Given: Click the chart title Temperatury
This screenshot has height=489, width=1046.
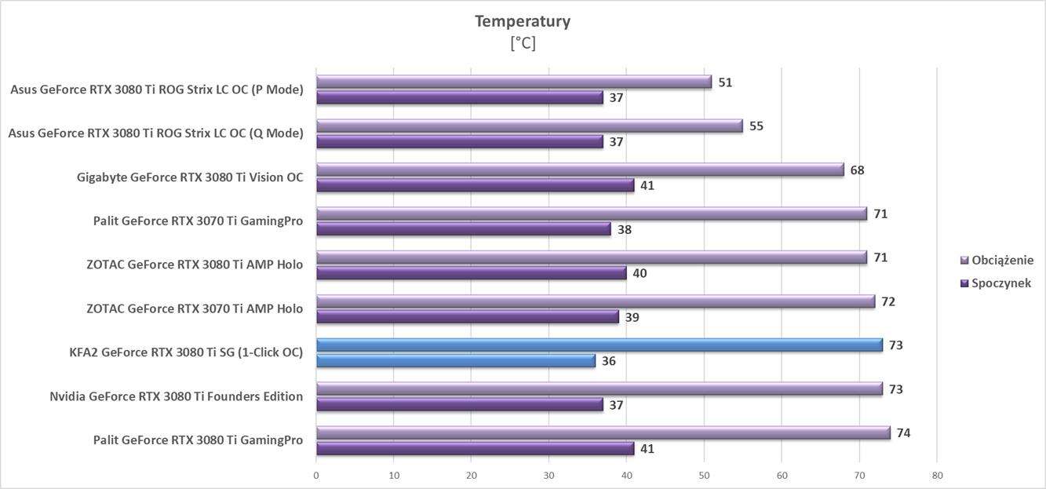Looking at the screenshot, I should click(x=522, y=21).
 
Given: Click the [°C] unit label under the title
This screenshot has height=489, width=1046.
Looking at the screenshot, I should click(x=523, y=44).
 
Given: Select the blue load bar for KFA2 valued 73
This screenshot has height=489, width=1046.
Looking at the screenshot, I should click(x=599, y=345).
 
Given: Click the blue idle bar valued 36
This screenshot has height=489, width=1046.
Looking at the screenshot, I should click(x=455, y=360).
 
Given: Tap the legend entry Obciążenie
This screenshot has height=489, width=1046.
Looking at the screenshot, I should click(x=1002, y=260).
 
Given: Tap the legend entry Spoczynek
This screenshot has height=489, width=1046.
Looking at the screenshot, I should click(x=1000, y=283).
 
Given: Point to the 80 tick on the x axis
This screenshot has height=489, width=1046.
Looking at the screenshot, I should click(x=937, y=476).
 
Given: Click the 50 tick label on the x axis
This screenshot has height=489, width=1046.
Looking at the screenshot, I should click(x=704, y=476).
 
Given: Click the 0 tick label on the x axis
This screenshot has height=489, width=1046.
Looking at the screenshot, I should click(x=316, y=476).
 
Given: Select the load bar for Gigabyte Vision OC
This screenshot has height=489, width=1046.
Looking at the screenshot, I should click(x=579, y=170).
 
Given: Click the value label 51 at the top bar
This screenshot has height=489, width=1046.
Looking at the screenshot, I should click(x=725, y=82).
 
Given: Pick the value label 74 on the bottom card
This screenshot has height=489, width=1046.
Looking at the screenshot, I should click(x=904, y=432).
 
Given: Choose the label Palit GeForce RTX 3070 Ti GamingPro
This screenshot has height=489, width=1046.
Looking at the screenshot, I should click(x=198, y=221).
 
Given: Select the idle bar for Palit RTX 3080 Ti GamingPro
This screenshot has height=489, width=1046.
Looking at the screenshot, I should click(x=475, y=448).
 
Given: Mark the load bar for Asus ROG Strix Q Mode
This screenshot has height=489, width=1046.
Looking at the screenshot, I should click(x=529, y=126).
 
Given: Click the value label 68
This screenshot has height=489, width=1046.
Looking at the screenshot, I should click(x=857, y=170).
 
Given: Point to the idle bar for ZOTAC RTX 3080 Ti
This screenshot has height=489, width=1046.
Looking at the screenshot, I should click(x=471, y=273).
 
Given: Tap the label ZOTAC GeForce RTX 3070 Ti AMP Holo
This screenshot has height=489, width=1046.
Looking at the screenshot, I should click(x=195, y=308).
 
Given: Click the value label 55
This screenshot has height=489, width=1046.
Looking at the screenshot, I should click(x=756, y=126).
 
